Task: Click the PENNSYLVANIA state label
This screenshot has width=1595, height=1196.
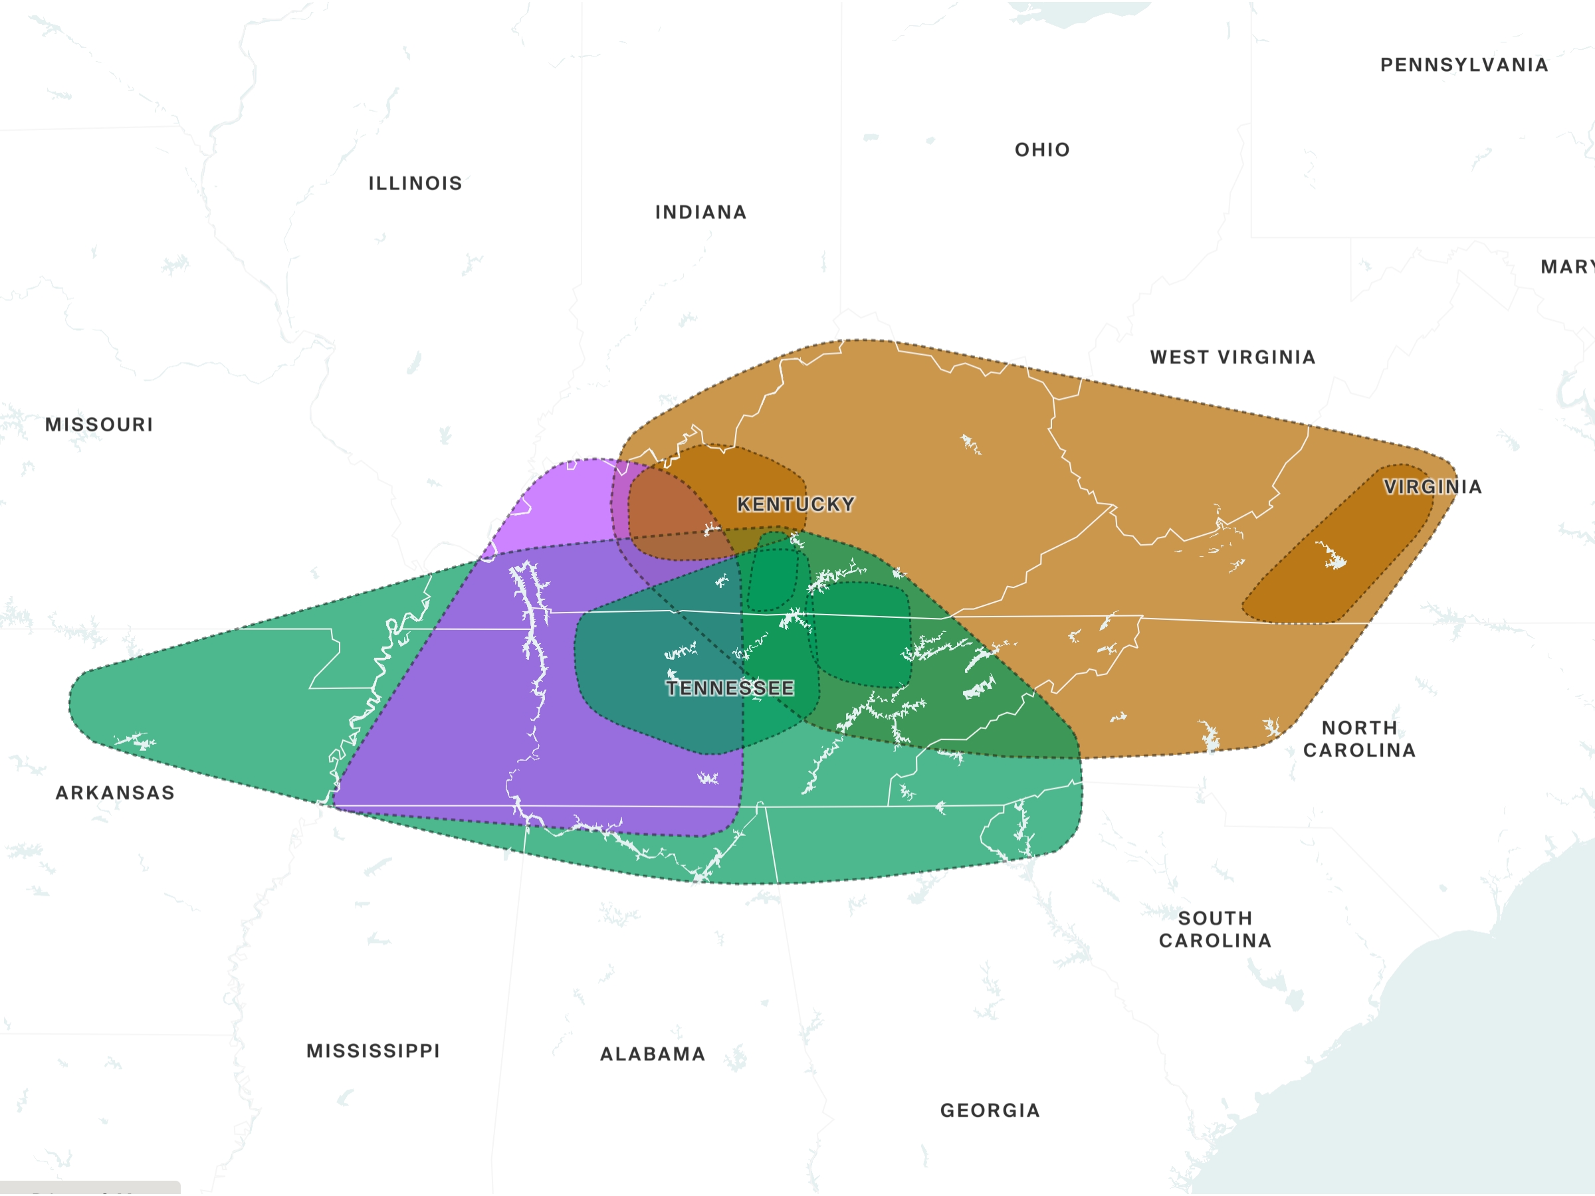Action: (x=1464, y=65)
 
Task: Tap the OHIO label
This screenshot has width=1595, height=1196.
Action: (x=1042, y=150)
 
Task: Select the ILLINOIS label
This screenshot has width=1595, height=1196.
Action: (x=415, y=183)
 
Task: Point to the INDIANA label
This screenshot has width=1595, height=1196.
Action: (x=700, y=212)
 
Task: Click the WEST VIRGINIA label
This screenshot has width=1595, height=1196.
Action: (x=1232, y=357)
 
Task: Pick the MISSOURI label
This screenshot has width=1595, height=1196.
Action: (x=99, y=424)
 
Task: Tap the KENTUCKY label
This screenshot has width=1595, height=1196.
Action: (x=796, y=504)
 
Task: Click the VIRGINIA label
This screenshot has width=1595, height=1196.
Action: (x=1432, y=486)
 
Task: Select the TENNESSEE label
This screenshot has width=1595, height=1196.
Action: (x=730, y=688)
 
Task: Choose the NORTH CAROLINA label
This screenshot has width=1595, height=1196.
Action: (x=1359, y=739)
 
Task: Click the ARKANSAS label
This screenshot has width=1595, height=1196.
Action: (x=116, y=793)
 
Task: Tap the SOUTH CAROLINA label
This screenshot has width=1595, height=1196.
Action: (x=1215, y=930)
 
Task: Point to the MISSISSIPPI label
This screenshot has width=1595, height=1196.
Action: (x=373, y=1050)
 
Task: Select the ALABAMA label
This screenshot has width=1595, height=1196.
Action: (x=653, y=1054)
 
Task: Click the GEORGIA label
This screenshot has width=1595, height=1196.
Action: (x=990, y=1110)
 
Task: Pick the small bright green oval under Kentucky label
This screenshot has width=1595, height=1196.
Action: (x=774, y=580)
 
